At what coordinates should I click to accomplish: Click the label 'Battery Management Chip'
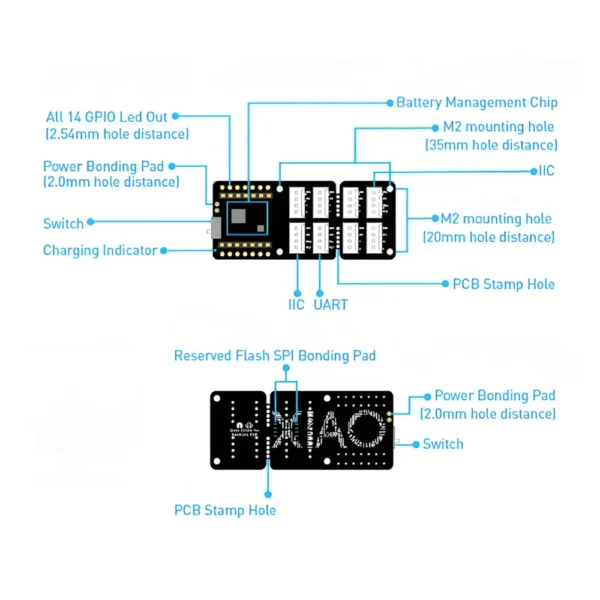(x=476, y=102)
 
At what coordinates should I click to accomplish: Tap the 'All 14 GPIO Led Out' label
(x=114, y=116)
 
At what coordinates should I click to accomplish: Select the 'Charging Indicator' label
(x=100, y=250)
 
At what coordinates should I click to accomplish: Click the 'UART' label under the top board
(x=331, y=304)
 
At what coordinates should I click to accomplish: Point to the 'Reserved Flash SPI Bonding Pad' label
(x=275, y=355)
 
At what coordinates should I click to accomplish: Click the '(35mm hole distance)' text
(x=490, y=145)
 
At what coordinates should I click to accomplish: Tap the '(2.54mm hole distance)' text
(x=117, y=133)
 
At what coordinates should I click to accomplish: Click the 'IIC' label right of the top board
(x=546, y=171)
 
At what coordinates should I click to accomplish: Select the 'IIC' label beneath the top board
(x=297, y=304)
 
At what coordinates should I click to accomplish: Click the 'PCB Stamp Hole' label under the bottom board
(x=225, y=510)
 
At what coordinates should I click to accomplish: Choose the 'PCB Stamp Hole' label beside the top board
(x=504, y=284)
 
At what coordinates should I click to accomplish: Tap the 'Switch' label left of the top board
(x=63, y=223)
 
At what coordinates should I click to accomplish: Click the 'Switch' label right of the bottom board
(x=443, y=443)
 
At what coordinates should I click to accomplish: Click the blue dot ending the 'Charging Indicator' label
(x=165, y=250)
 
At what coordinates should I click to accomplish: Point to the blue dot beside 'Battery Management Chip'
(x=389, y=102)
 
